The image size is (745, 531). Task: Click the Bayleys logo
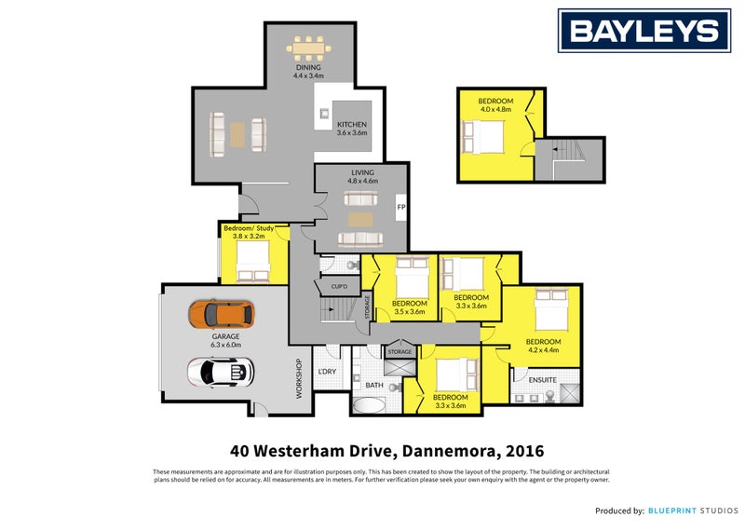[643, 32]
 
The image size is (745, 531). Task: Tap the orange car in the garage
[220, 314]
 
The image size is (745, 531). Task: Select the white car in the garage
[220, 371]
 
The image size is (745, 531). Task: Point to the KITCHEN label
[351, 124]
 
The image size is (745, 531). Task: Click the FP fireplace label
[400, 206]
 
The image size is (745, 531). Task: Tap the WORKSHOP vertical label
[299, 379]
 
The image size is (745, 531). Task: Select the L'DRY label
[327, 372]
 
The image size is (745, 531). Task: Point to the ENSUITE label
[543, 380]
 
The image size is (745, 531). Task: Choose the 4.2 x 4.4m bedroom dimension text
[543, 350]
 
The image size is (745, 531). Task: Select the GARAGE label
[225, 336]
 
